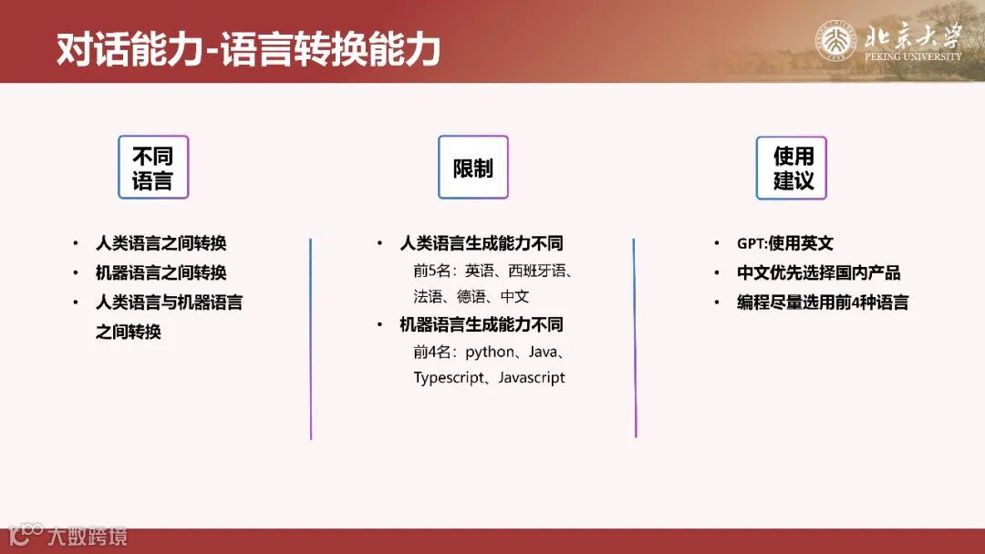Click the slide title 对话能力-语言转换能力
248,49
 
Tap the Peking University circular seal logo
835,41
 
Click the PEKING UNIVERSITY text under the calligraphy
912,56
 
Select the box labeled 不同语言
152,168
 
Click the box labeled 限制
472,168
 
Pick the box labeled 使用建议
792,168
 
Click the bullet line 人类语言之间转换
161,243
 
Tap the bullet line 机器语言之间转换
161,272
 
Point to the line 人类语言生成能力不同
482,243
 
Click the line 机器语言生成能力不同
482,324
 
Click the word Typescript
451,377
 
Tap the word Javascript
532,377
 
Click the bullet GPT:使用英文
785,243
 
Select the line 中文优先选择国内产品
819,272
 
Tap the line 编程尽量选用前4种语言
823,303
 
